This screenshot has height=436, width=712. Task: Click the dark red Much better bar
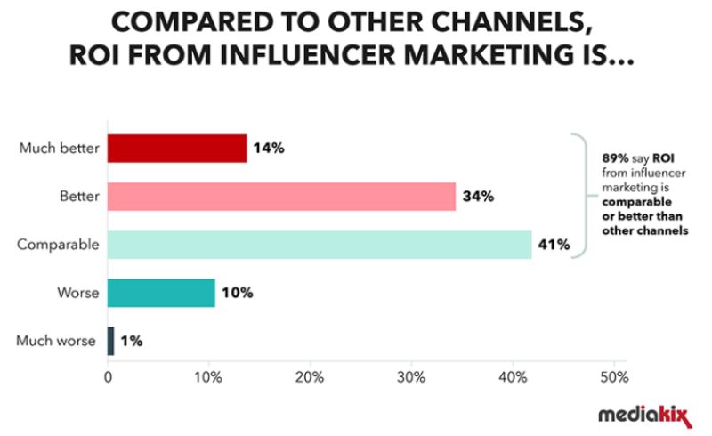tap(176, 149)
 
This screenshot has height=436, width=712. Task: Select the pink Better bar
tap(281, 197)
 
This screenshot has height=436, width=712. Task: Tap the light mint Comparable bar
tap(320, 245)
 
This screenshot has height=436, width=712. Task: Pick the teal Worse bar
tap(161, 292)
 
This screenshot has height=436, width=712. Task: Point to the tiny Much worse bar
tap(110, 340)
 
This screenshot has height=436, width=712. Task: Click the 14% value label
tap(268, 149)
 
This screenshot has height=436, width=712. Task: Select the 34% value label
tap(477, 197)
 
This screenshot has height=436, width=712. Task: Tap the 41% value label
tap(553, 245)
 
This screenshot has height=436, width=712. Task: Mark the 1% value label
tap(131, 340)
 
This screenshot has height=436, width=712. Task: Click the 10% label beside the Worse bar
tap(236, 292)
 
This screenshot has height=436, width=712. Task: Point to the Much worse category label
tap(55, 340)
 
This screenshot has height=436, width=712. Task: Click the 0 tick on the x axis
tap(108, 377)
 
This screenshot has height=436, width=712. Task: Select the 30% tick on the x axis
tap(410, 377)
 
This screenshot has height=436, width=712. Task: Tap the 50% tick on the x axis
tap(612, 377)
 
